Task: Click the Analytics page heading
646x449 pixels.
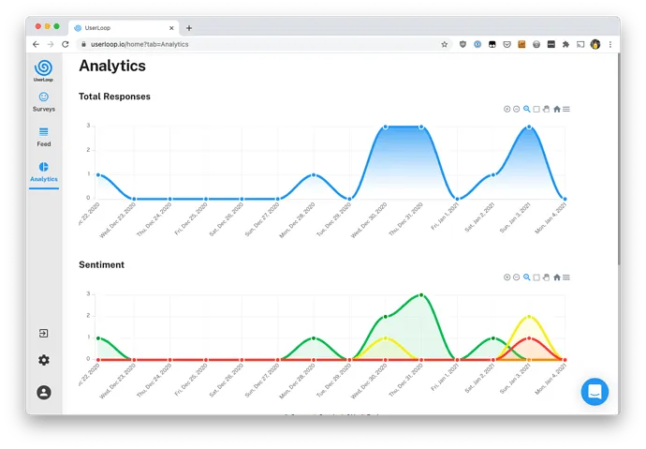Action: (x=112, y=66)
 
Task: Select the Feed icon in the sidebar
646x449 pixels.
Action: (x=44, y=132)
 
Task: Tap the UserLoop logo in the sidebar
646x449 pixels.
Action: (x=44, y=68)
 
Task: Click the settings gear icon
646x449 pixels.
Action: (x=44, y=360)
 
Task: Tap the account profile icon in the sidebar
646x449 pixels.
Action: (x=44, y=393)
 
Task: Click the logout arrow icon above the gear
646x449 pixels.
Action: (x=44, y=334)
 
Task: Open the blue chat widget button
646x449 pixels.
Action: (x=595, y=391)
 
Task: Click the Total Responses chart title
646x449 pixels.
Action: (x=114, y=97)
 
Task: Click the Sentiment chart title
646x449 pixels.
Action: (x=102, y=265)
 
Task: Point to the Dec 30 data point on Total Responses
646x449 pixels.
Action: (x=385, y=127)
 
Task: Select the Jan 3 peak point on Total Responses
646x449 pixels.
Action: (x=529, y=127)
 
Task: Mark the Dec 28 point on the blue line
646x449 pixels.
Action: (x=314, y=174)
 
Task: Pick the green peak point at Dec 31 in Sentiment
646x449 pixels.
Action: (x=421, y=295)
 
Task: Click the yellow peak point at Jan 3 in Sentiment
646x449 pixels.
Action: (x=529, y=317)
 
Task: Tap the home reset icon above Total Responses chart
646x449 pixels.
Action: (x=557, y=109)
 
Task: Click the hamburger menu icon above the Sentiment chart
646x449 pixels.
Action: (x=566, y=277)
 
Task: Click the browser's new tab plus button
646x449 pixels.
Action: (x=189, y=28)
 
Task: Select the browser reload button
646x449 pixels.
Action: (x=66, y=44)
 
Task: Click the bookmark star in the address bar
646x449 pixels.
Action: (x=445, y=44)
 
